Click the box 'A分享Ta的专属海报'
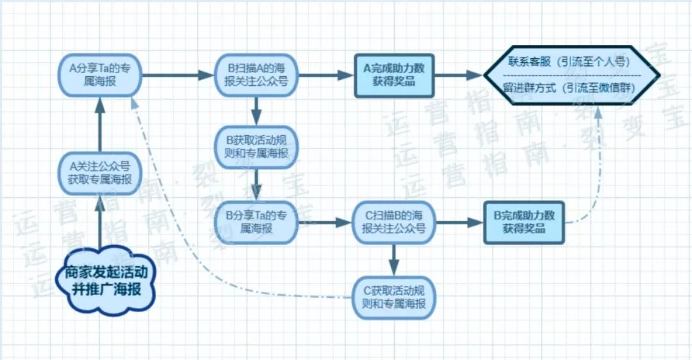tap(100, 75)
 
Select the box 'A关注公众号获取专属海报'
tap(100, 172)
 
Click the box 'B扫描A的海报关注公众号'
tap(256, 75)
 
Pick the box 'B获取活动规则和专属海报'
tap(256, 148)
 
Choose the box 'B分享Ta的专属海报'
tap(256, 222)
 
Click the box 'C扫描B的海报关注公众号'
tap(393, 222)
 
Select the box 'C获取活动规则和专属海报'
tap(393, 297)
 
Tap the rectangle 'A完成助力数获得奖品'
tap(393, 75)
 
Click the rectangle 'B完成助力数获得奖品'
tap(524, 222)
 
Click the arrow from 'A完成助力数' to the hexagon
tap(457, 75)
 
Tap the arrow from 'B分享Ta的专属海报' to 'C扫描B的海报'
tap(324, 222)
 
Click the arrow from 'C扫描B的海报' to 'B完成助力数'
tap(459, 222)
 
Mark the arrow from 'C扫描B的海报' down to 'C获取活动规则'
tap(393, 258)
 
